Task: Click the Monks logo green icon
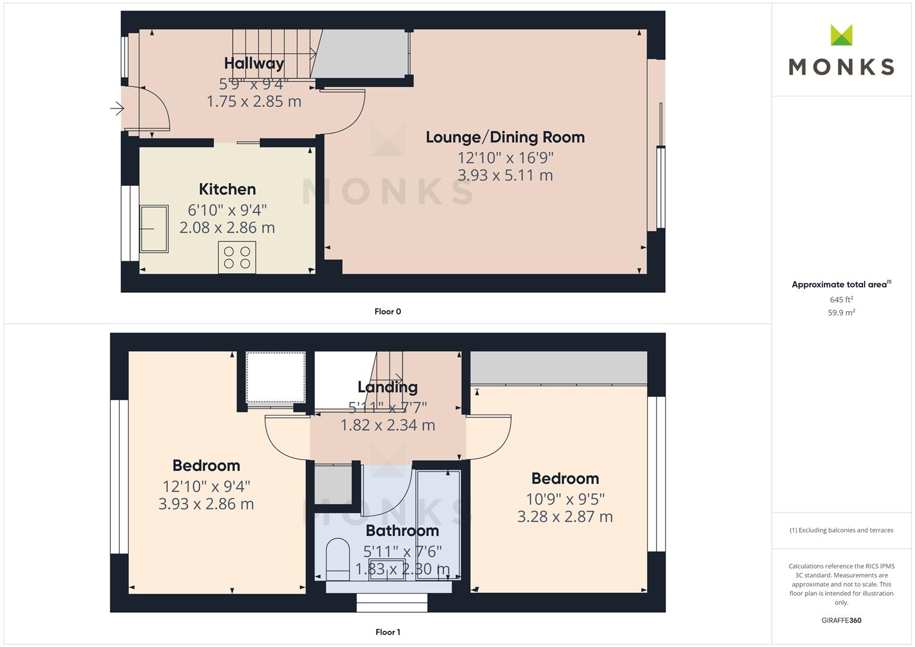coord(841,35)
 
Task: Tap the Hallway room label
coord(254,64)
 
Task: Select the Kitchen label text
coord(227,189)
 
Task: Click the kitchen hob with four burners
coord(237,258)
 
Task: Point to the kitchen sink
coord(154,229)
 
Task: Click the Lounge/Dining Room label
coord(505,137)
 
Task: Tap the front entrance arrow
coord(117,108)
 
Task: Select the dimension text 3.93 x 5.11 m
coord(505,175)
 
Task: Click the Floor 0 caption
coord(388,312)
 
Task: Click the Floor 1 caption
coord(388,632)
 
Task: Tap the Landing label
coord(388,387)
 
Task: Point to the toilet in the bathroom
coord(338,560)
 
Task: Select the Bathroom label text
coord(402,531)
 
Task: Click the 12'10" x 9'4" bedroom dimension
coord(206,486)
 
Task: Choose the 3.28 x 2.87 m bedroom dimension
coord(565,516)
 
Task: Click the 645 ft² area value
coord(841,300)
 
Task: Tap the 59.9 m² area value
coord(841,313)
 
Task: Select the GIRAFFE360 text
coord(841,621)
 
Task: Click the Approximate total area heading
coord(841,285)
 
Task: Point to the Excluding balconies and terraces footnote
coord(841,530)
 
